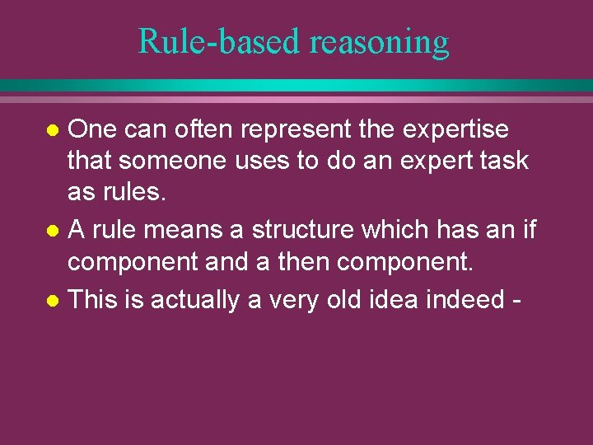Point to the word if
tap(530, 230)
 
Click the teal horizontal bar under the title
tap(296, 86)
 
